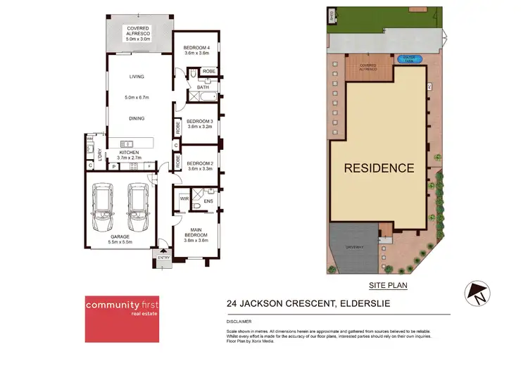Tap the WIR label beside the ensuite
[x=184, y=198]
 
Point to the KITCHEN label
[x=129, y=152]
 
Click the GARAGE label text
[x=120, y=236]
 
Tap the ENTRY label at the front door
[x=164, y=258]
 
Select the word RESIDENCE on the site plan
[x=379, y=168]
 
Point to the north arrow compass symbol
[x=475, y=292]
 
